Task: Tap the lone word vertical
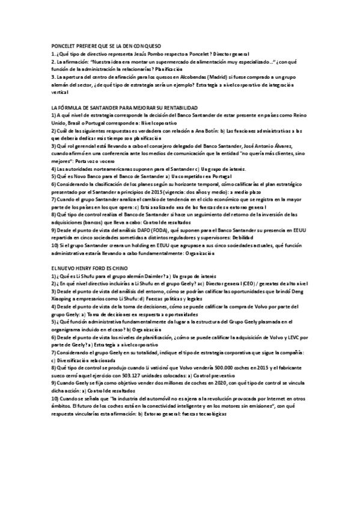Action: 59,93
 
